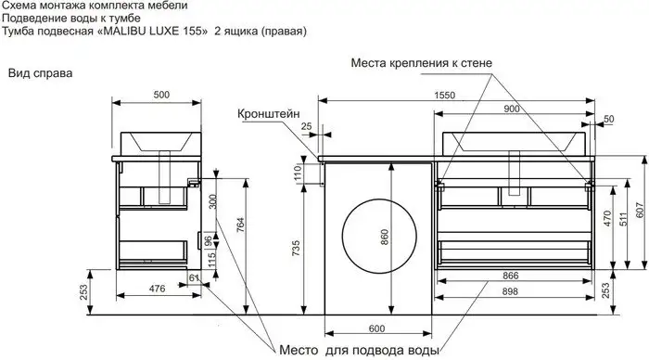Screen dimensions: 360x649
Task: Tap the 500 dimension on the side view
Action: coord(160,95)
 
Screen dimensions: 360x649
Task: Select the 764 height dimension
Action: coord(240,225)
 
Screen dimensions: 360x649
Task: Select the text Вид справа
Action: coord(40,71)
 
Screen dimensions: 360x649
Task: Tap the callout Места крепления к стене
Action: coord(427,63)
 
